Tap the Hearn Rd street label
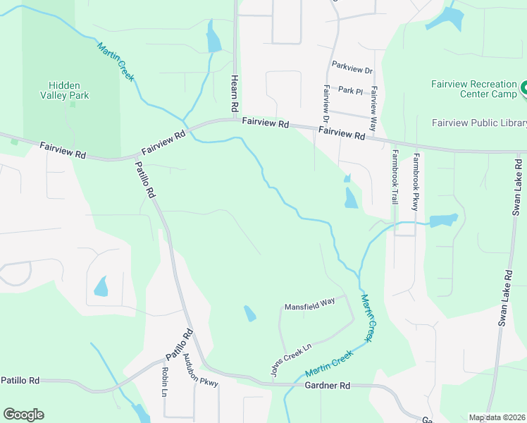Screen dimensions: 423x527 pyautogui.click(x=232, y=94)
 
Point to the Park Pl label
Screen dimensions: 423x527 pyautogui.click(x=349, y=90)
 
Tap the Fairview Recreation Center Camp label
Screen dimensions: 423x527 pyautogui.click(x=473, y=89)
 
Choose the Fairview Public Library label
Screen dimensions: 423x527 pyautogui.click(x=479, y=123)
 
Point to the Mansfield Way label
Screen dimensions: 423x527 pyautogui.click(x=309, y=307)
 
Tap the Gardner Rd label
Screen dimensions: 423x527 pyautogui.click(x=328, y=386)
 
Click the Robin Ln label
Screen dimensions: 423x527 pyautogui.click(x=164, y=381)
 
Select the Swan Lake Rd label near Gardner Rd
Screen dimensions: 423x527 pyautogui.click(x=504, y=297)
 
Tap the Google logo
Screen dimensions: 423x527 pyautogui.click(x=23, y=415)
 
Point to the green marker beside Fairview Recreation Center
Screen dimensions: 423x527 pyautogui.click(x=523, y=90)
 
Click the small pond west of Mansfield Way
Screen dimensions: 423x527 pyautogui.click(x=249, y=313)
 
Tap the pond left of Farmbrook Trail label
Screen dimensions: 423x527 pyautogui.click(x=350, y=198)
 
